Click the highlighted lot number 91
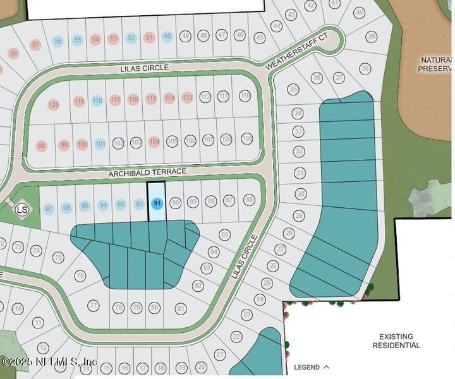click(x=157, y=203)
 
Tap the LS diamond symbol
click(x=22, y=209)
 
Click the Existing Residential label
click(x=396, y=341)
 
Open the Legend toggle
click(x=312, y=366)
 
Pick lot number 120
click(x=54, y=104)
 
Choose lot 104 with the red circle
click(x=154, y=142)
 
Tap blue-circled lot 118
click(x=97, y=100)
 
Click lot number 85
click(x=224, y=235)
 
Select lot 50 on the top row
click(x=167, y=37)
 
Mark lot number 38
click(x=365, y=68)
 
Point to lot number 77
click(x=94, y=306)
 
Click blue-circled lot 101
click(x=100, y=143)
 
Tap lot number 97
click(x=49, y=208)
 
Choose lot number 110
click(x=245, y=95)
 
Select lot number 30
click(x=300, y=193)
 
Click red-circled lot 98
click(x=42, y=146)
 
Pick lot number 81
click(x=181, y=308)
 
